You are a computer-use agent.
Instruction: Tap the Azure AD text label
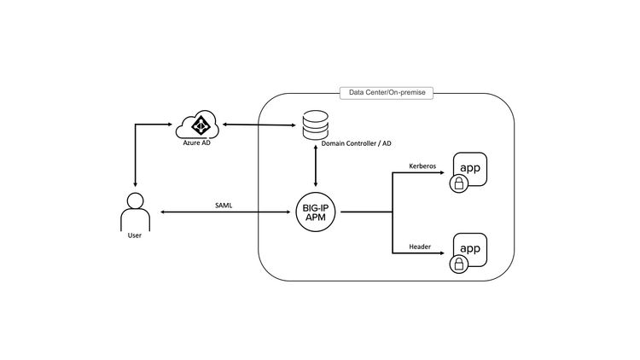pyautogui.click(x=196, y=145)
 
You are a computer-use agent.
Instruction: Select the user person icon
pyautogui.click(x=134, y=212)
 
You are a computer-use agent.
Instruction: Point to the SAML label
pyautogui.click(x=224, y=204)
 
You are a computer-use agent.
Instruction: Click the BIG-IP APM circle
pyautogui.click(x=317, y=212)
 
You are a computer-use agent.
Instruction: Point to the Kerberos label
pyautogui.click(x=423, y=166)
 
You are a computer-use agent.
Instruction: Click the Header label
pyautogui.click(x=420, y=247)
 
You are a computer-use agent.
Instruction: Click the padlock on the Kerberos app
pyautogui.click(x=458, y=183)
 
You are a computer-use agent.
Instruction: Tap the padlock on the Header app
pyautogui.click(x=458, y=264)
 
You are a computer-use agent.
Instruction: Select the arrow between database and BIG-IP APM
pyautogui.click(x=317, y=170)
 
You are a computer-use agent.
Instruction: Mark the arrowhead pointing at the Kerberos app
pyautogui.click(x=443, y=173)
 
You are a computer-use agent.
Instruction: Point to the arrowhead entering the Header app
pyautogui.click(x=443, y=253)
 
